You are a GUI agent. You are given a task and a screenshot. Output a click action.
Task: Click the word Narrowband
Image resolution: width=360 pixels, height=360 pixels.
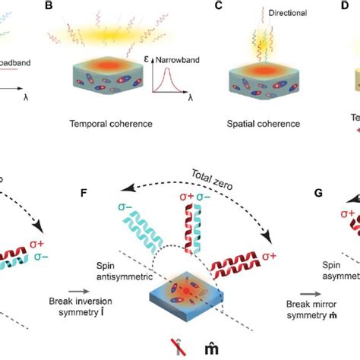point(188,69)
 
